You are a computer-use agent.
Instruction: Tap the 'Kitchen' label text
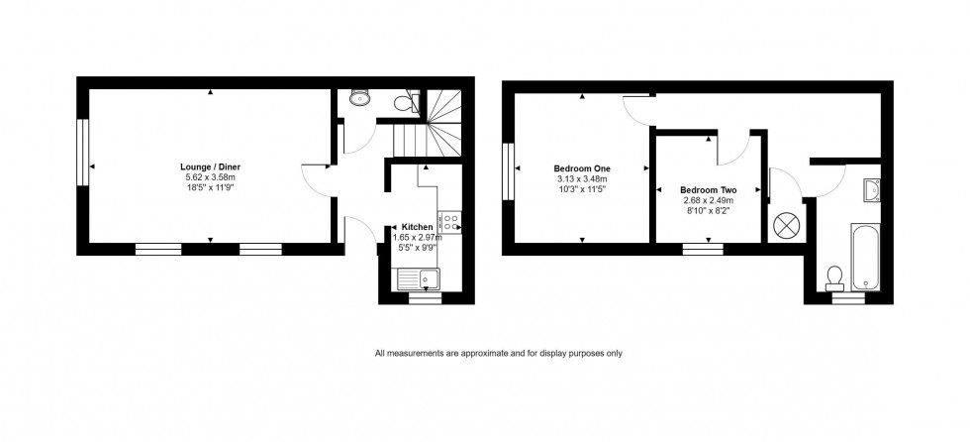click(x=417, y=227)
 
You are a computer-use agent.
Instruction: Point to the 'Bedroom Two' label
click(x=708, y=189)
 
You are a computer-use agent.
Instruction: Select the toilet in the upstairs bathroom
click(x=833, y=273)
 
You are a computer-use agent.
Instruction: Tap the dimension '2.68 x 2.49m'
click(x=708, y=199)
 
